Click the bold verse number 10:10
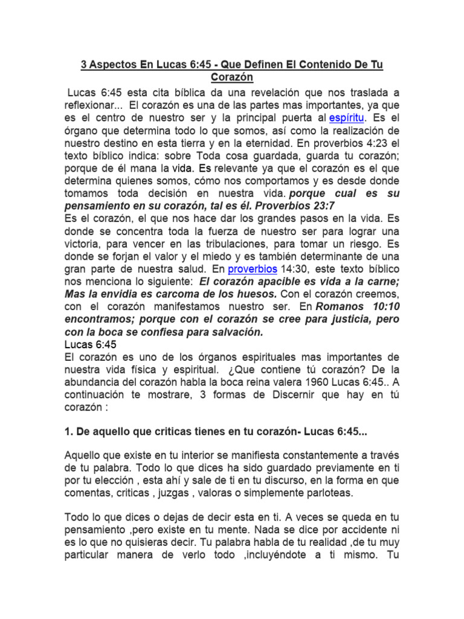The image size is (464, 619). (385, 306)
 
